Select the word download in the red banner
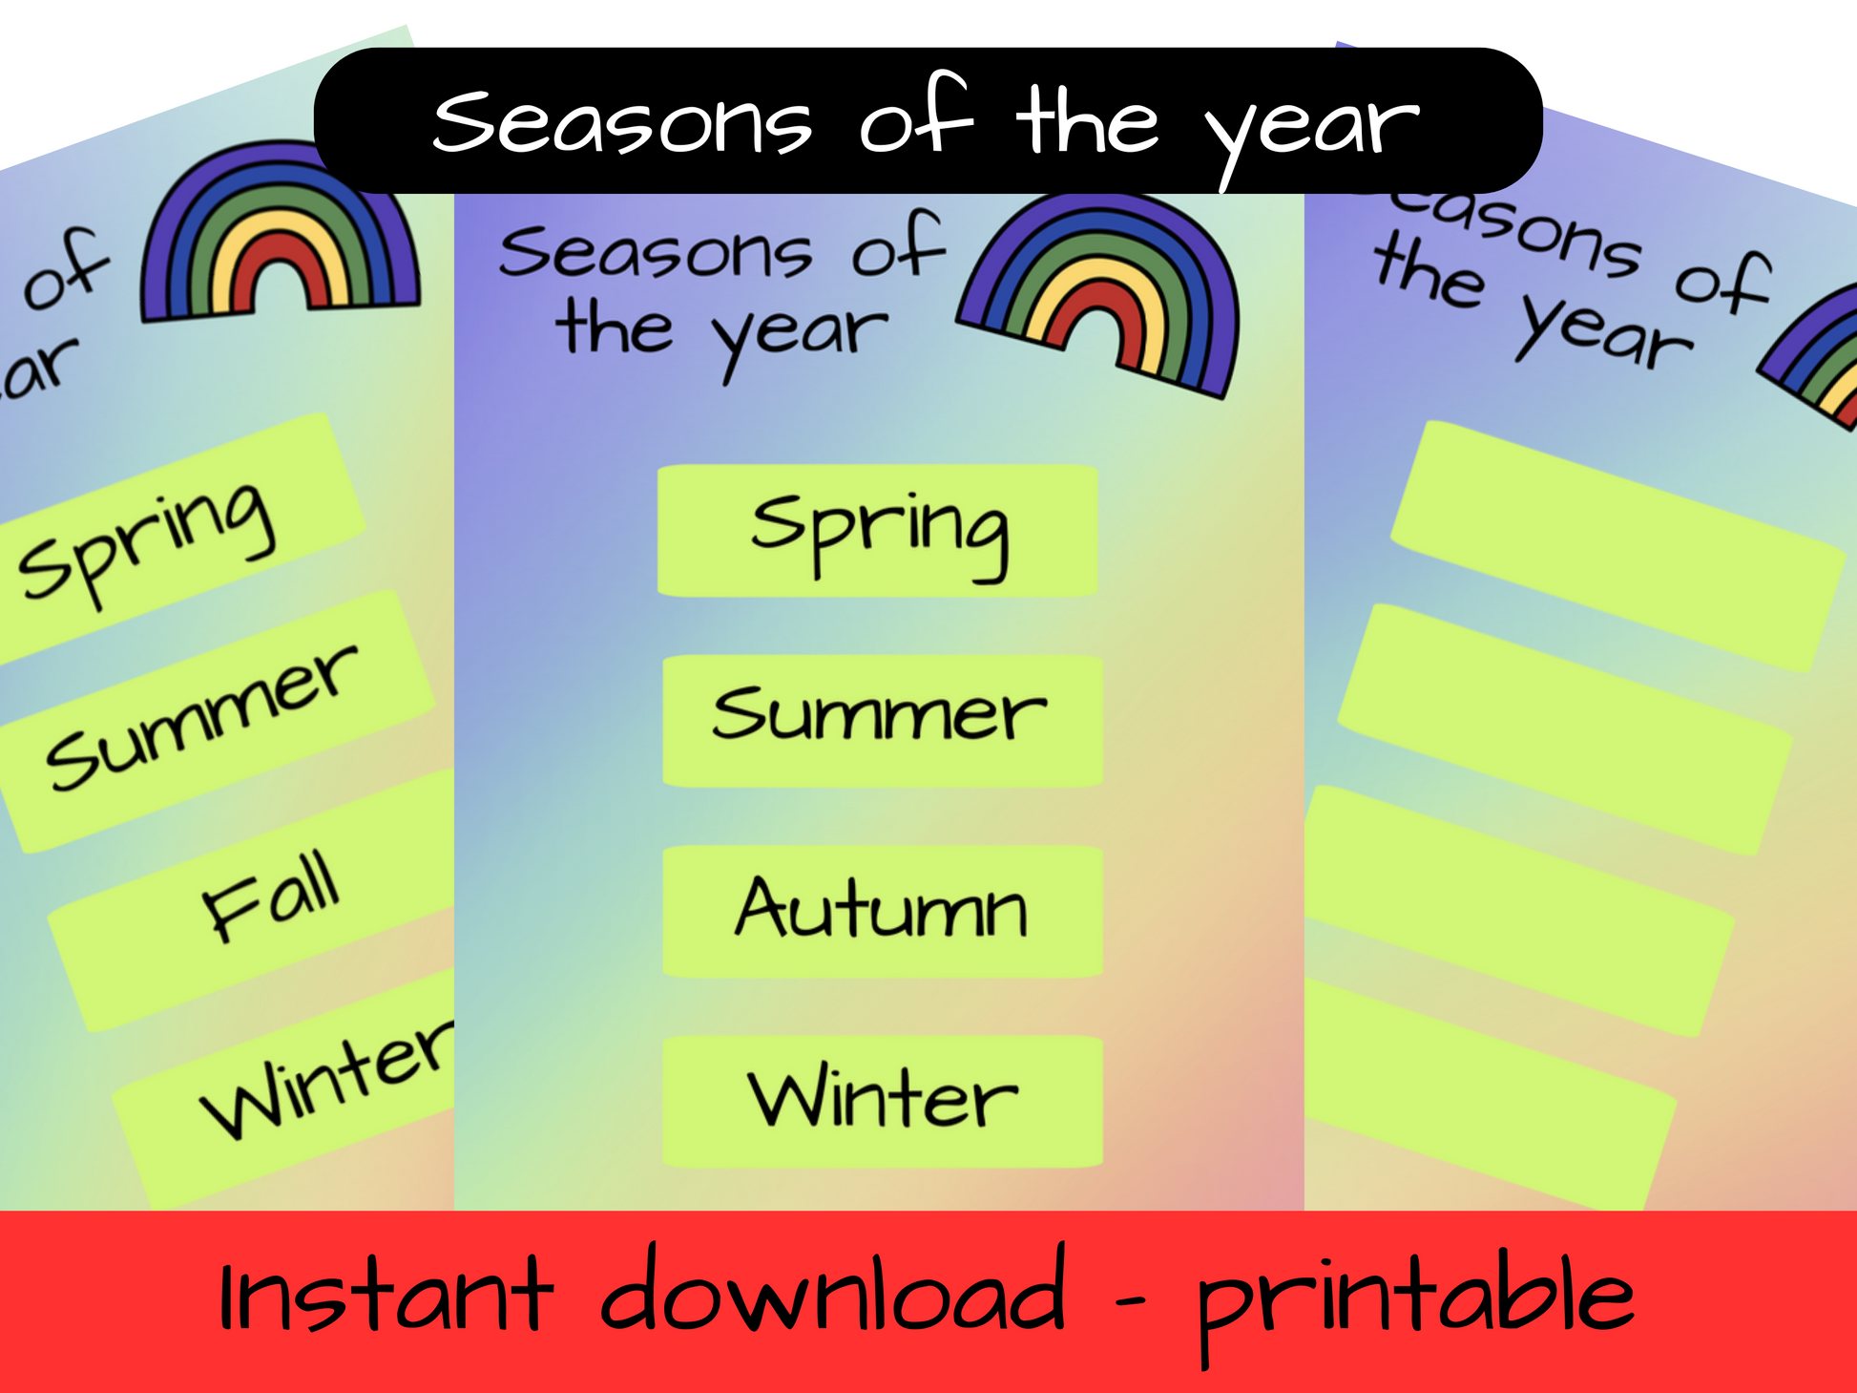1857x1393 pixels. (832, 1288)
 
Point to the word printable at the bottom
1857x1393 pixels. (1415, 1304)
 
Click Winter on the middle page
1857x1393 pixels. (883, 1098)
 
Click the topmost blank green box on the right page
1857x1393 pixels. (1617, 546)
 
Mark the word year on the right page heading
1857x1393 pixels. (1604, 329)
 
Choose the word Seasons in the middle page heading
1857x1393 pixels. (656, 253)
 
